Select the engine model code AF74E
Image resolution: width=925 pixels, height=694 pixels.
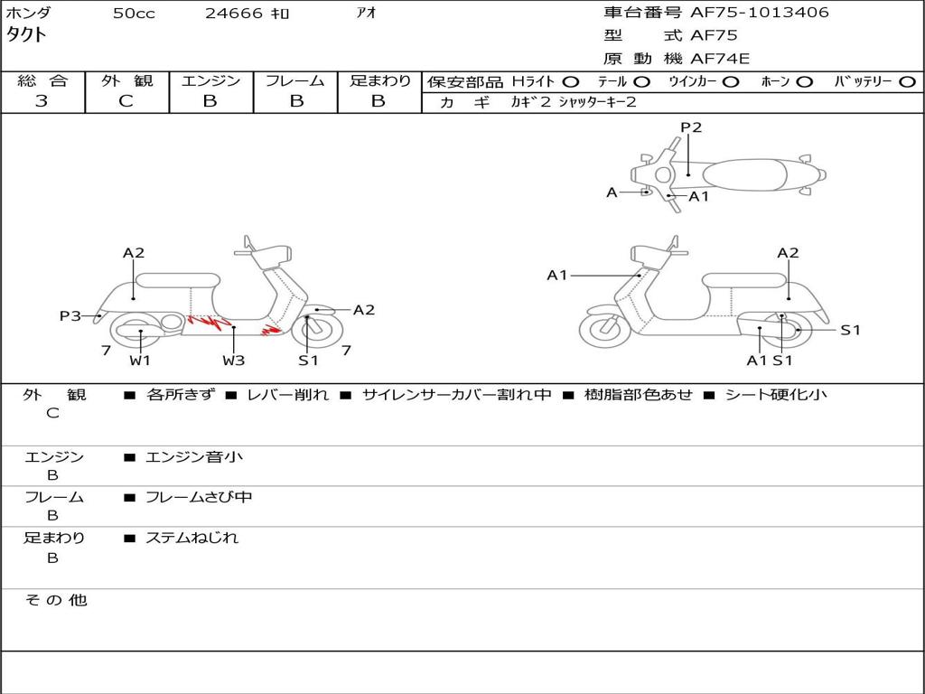point(720,59)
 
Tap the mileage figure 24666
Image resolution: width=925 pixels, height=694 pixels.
point(234,14)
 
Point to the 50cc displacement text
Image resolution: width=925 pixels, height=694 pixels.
point(134,14)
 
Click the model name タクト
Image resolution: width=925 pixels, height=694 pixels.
point(27,36)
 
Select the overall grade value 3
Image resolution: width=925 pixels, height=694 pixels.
point(42,101)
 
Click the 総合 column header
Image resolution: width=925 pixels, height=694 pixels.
point(42,81)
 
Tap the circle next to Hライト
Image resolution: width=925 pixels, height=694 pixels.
point(571,81)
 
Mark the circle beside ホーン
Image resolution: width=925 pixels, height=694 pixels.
point(806,81)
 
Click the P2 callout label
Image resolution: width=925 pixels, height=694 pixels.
point(691,127)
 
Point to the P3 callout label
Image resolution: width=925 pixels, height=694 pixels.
point(70,315)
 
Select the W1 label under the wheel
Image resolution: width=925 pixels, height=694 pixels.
point(139,361)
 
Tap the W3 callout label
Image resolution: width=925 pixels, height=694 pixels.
point(234,361)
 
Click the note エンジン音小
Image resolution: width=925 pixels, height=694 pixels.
point(194,457)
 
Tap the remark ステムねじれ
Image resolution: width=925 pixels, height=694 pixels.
point(192,538)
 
